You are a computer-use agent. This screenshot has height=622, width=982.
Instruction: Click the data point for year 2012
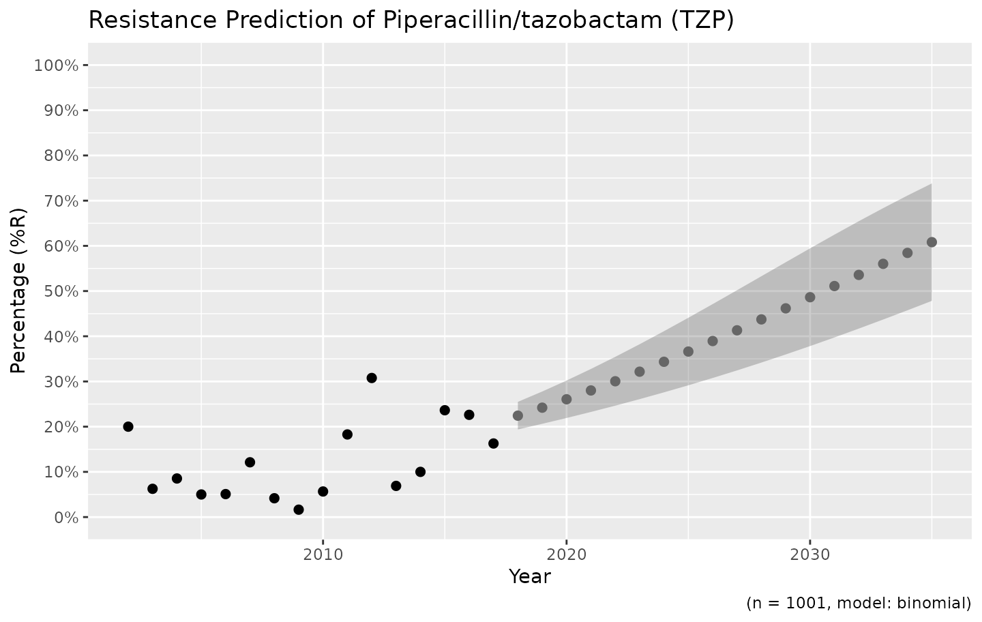point(372,378)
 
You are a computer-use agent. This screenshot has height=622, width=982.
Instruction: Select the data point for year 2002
point(128,427)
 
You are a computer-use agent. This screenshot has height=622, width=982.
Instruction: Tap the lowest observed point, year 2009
point(299,509)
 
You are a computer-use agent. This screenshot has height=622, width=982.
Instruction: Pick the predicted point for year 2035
point(932,242)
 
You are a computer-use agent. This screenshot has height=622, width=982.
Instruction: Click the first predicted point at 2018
point(518,415)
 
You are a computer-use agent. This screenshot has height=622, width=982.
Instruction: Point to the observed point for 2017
point(493,443)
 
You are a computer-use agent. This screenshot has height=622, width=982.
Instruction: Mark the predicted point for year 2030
point(810,297)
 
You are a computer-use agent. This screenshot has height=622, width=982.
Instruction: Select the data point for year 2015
point(445,410)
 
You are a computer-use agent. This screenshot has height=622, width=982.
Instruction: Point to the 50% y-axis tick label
point(59,291)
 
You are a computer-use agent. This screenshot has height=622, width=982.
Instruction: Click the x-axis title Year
point(530,577)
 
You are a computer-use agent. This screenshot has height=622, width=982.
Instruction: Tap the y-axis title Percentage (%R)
point(19,291)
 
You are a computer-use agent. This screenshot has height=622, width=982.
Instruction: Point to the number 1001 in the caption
point(809,603)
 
